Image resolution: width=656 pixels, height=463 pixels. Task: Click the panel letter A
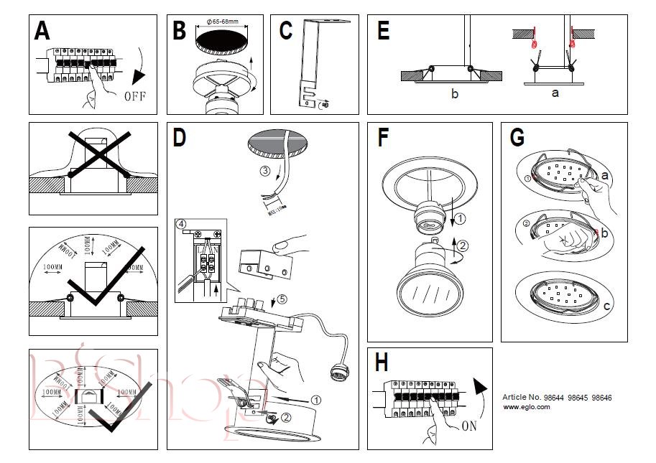tap(42, 31)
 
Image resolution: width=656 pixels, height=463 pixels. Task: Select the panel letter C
tap(285, 31)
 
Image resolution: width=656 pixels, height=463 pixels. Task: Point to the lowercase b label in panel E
tap(454, 93)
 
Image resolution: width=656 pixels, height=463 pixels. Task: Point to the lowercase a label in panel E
tap(554, 93)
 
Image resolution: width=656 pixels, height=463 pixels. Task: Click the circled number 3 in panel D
tap(264, 172)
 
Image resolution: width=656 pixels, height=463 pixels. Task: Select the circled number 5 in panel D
tap(282, 301)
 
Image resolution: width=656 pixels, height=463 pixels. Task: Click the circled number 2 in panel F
tap(463, 246)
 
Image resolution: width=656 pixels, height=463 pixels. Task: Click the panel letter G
tap(516, 136)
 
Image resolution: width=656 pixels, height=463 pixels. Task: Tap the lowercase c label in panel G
tap(606, 307)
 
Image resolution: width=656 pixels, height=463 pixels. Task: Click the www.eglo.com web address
tap(526, 406)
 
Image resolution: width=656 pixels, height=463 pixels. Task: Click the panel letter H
tap(382, 363)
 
